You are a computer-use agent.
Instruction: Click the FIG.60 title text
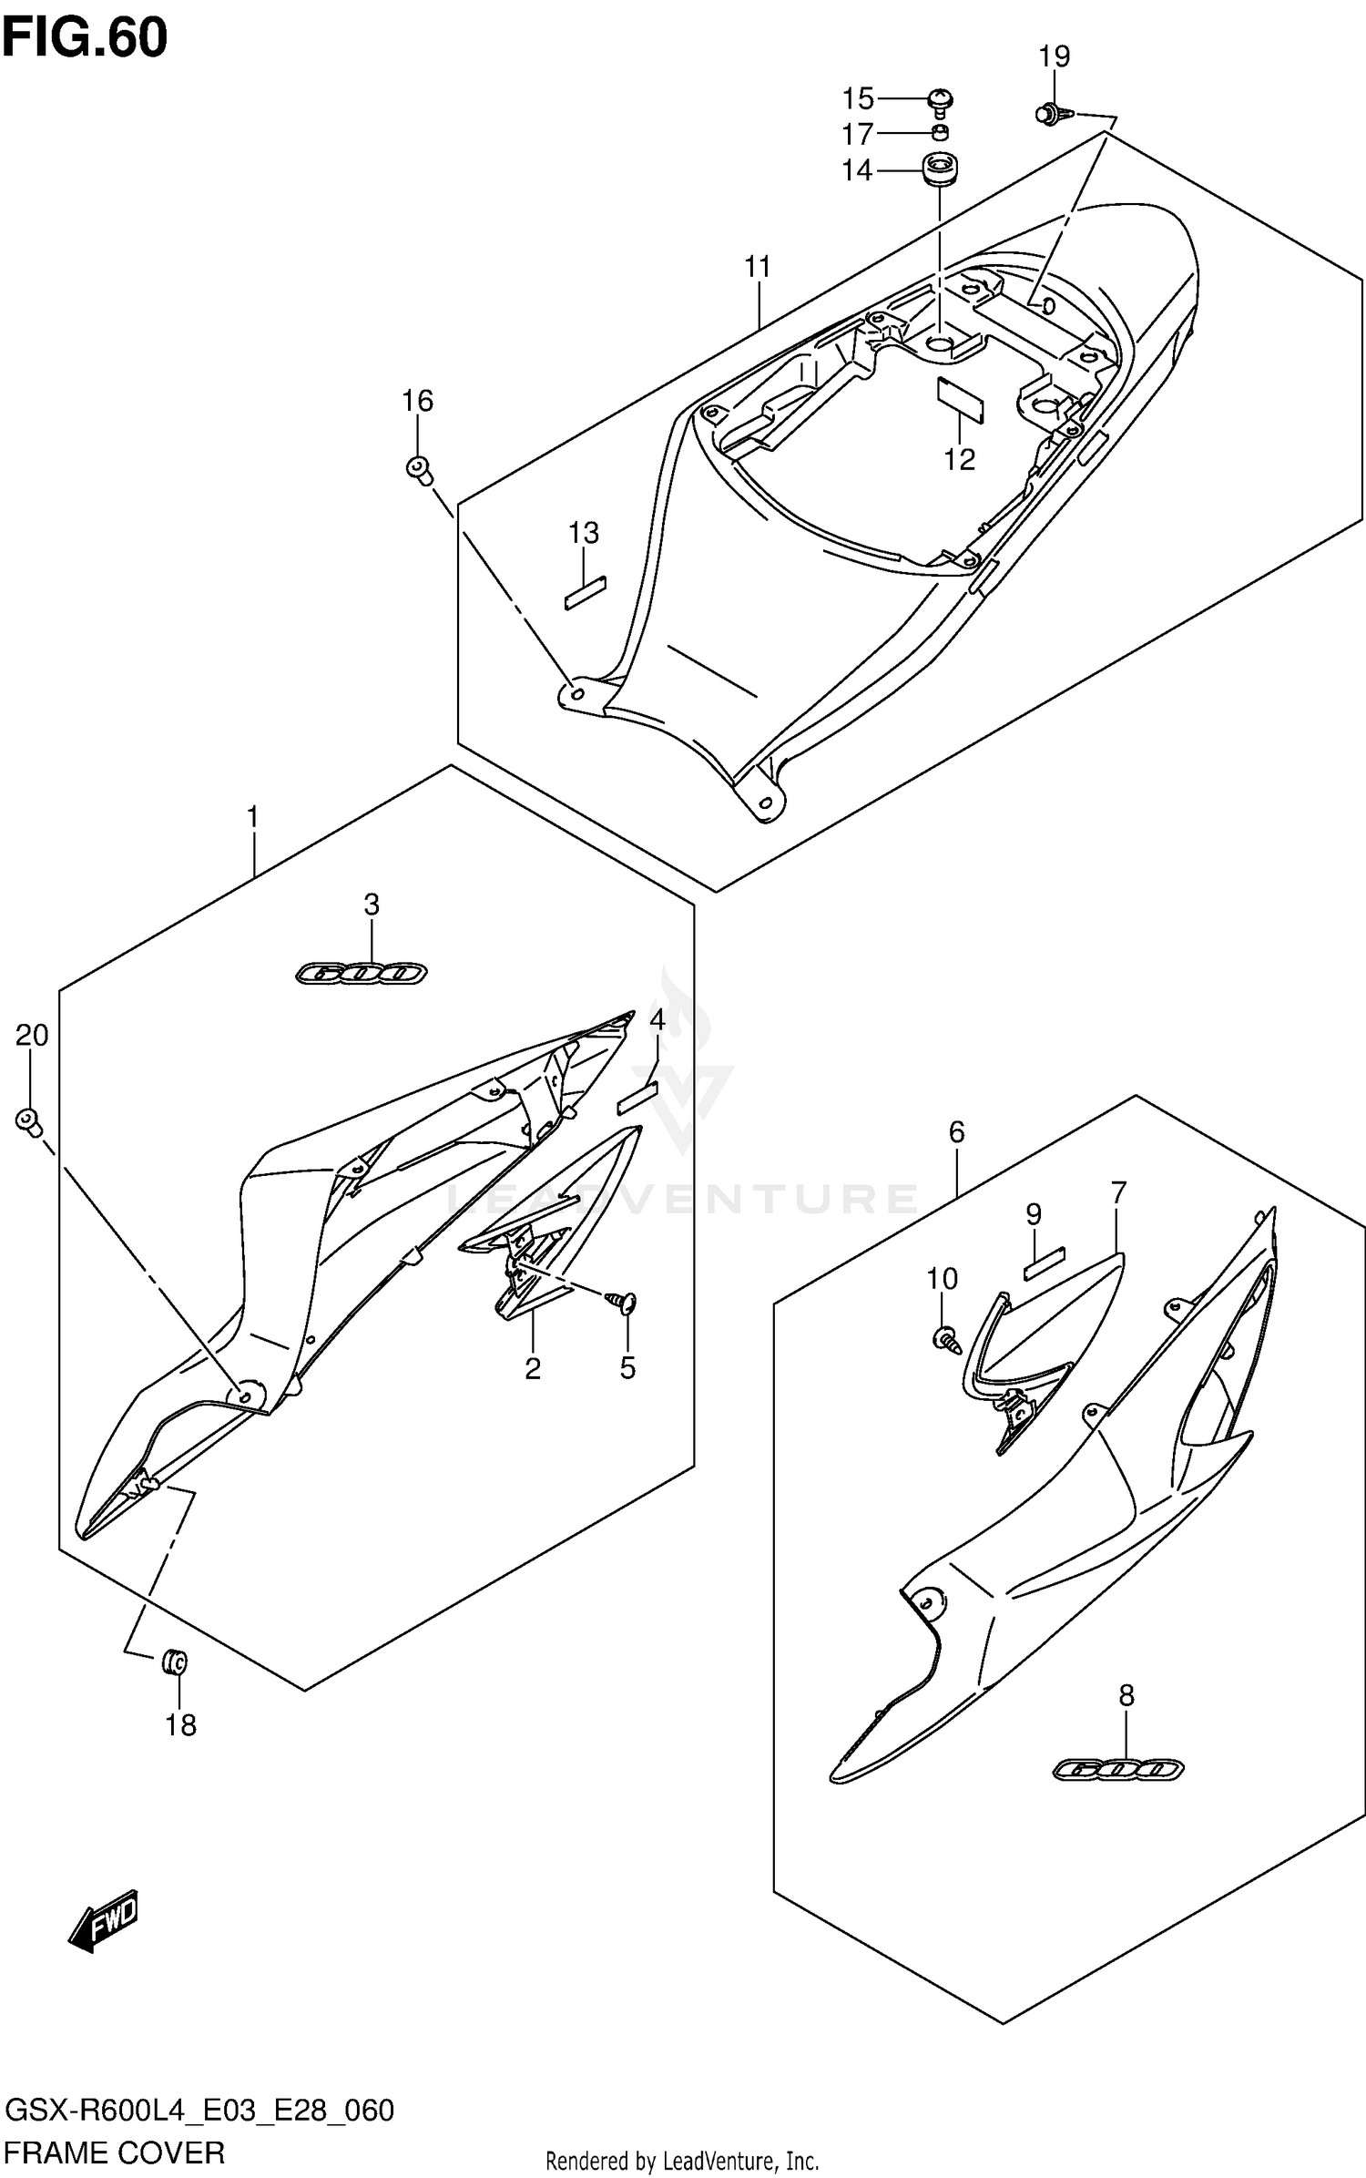click(85, 38)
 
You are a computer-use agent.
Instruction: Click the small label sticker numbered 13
click(586, 592)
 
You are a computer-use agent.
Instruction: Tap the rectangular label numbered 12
click(961, 401)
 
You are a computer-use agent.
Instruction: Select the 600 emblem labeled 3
click(362, 974)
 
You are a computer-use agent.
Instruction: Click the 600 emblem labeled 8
click(1118, 1769)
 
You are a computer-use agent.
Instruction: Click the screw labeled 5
click(626, 1304)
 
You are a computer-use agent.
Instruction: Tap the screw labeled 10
click(945, 1338)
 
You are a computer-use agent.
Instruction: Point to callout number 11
click(757, 267)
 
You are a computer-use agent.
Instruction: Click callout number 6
click(956, 1132)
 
